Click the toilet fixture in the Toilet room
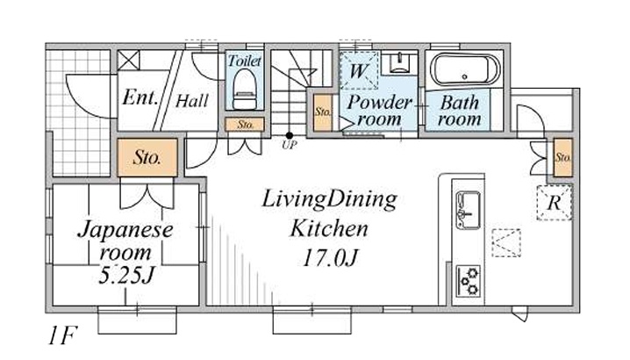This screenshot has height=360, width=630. [x=244, y=89]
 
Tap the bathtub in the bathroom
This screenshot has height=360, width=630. [x=465, y=69]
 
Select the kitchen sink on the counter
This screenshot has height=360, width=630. [x=468, y=209]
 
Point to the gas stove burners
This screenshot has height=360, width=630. [x=469, y=280]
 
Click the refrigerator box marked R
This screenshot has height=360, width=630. [x=555, y=202]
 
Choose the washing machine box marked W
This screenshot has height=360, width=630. [x=359, y=70]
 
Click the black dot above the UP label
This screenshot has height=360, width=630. [x=289, y=135]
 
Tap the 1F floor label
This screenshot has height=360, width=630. [x=62, y=335]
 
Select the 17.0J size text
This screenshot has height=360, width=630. [x=330, y=258]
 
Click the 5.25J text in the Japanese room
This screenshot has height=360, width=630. [x=126, y=275]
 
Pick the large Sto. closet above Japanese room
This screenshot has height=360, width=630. [x=147, y=157]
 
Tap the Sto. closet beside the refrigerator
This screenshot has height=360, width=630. [x=563, y=157]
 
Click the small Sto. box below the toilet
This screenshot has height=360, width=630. [x=244, y=125]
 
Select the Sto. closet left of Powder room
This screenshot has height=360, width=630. [x=323, y=112]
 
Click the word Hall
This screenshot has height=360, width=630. [x=192, y=101]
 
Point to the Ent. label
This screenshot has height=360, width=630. [x=140, y=97]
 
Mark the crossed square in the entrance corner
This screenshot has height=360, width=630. [x=129, y=61]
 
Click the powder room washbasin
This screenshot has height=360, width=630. [x=399, y=62]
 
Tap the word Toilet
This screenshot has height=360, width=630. [x=244, y=61]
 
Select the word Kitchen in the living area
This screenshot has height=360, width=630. [x=329, y=228]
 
